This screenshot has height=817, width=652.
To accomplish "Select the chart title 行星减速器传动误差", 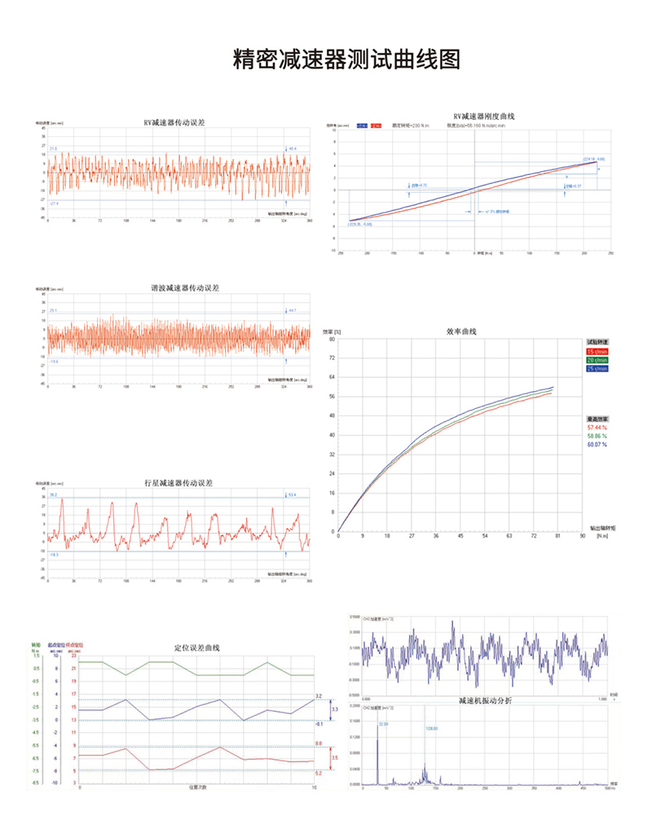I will coord(178,483).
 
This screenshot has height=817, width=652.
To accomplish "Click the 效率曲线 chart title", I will coord(460,332).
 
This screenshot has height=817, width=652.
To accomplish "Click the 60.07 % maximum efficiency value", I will coord(598,445).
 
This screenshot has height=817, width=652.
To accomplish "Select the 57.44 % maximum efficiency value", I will coord(598,427).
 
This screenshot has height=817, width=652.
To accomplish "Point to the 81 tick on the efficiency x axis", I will coord(557,538).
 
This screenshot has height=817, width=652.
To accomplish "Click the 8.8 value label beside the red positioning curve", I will coord(319,744).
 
